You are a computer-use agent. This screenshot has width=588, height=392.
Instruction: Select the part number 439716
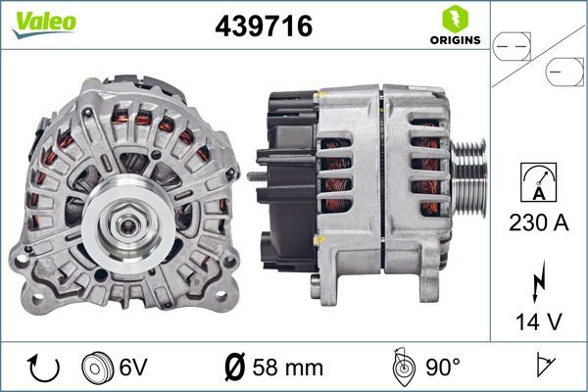(263, 25)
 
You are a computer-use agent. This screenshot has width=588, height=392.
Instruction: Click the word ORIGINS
(452, 41)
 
